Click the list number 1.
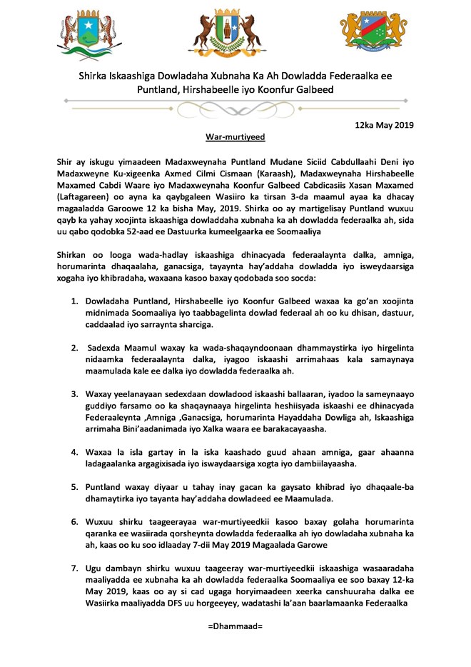click(x=74, y=297)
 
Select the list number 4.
click(x=74, y=452)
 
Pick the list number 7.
click(x=74, y=569)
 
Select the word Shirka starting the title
click(x=95, y=76)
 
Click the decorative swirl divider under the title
click(x=235, y=109)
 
